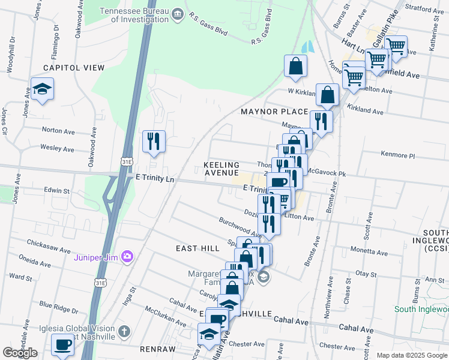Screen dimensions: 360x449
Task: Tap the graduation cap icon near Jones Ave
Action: tap(42, 89)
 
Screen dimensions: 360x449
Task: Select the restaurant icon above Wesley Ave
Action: tap(154, 142)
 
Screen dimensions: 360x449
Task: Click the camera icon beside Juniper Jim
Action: tap(127, 257)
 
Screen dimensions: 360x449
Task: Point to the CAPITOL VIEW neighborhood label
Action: tap(73, 68)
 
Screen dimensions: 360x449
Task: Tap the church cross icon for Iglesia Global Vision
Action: tap(124, 331)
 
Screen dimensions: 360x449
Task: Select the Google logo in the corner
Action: tap(20, 353)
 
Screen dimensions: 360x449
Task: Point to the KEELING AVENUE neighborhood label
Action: tap(221, 169)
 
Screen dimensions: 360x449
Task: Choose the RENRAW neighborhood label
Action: tap(157, 349)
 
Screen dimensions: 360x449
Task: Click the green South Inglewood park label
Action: tap(421, 309)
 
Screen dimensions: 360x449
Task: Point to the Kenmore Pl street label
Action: tap(398, 155)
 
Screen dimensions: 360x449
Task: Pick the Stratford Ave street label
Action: tap(424, 10)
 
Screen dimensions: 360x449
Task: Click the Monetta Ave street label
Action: tap(375, 249)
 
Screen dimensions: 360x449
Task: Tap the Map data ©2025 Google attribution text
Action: tap(411, 355)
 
